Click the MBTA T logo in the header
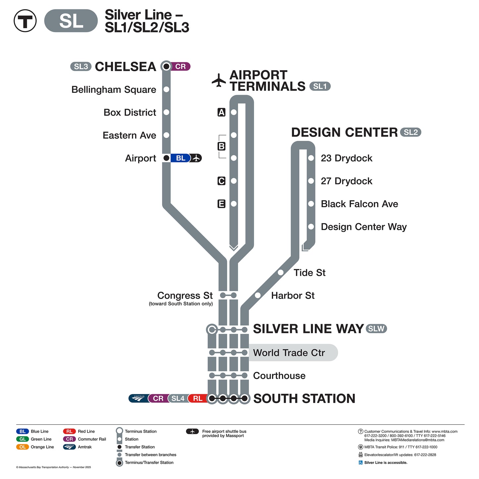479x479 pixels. pyautogui.click(x=25, y=21)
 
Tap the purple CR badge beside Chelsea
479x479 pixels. pyautogui.click(x=181, y=67)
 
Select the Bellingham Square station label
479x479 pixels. pyautogui.click(x=114, y=90)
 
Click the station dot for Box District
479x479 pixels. pyautogui.click(x=166, y=112)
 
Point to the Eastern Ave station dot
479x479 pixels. pyautogui.click(x=166, y=135)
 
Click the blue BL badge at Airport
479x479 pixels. pyautogui.click(x=180, y=158)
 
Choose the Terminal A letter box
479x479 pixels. pyautogui.click(x=221, y=112)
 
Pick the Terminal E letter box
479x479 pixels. pyautogui.click(x=221, y=204)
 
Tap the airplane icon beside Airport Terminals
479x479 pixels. pyautogui.click(x=219, y=81)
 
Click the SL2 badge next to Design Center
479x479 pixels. pyautogui.click(x=411, y=132)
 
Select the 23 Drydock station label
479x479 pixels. pyautogui.click(x=346, y=158)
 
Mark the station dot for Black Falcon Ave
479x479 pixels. pyautogui.click(x=311, y=204)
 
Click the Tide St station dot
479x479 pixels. pyautogui.click(x=281, y=272)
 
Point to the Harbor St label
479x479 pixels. pyautogui.click(x=293, y=295)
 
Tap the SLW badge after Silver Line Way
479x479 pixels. pyautogui.click(x=376, y=329)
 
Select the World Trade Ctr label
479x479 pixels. pyautogui.click(x=289, y=353)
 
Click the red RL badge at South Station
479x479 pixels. pyautogui.click(x=198, y=398)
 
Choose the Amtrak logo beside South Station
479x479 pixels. pyautogui.click(x=139, y=398)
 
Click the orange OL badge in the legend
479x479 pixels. pyautogui.click(x=22, y=447)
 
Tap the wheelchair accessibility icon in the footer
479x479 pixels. pyautogui.click(x=360, y=462)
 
